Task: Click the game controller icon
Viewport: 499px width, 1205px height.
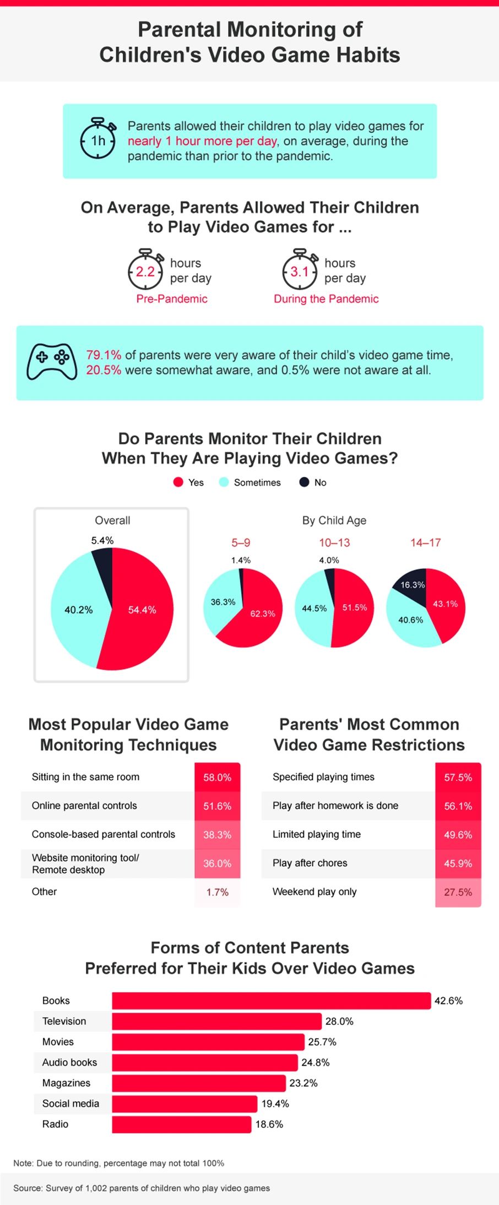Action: [x=52, y=362]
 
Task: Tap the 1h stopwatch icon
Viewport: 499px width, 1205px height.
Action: [x=98, y=139]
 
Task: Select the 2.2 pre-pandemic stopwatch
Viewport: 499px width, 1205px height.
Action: [x=146, y=270]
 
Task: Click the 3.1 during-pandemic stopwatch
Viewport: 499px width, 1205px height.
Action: [x=300, y=270]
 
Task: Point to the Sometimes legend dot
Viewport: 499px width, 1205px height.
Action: [x=224, y=482]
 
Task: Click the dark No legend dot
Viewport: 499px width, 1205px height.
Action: [x=304, y=482]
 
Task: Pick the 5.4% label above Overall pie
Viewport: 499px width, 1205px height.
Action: [x=102, y=540]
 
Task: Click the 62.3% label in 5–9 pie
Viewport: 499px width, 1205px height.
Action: [x=263, y=614]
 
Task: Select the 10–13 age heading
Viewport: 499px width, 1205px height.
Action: [x=334, y=542]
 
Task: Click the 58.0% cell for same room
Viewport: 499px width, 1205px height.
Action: [x=217, y=777]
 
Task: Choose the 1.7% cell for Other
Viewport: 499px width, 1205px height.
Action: [x=217, y=892]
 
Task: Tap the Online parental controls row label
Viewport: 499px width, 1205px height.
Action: [x=84, y=806]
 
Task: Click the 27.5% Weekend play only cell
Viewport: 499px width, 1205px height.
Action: [x=458, y=892]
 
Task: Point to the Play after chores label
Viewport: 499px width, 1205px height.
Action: [x=310, y=863]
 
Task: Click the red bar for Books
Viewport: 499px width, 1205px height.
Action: [x=271, y=1001]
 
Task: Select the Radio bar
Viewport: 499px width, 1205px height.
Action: [x=181, y=1124]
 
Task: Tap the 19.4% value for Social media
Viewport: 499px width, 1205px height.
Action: [x=275, y=1104]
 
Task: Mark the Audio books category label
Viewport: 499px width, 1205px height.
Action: [x=69, y=1062]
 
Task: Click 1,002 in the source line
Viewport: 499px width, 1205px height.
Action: [x=95, y=1188]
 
